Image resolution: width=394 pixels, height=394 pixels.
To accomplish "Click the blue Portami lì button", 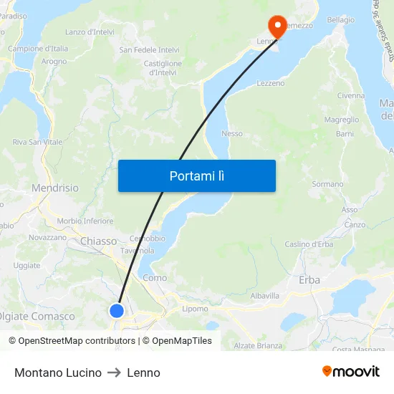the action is tap(196, 176).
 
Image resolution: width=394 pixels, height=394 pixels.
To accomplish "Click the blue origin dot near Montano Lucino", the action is tap(116, 310).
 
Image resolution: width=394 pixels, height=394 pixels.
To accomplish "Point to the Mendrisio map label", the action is tap(55, 188).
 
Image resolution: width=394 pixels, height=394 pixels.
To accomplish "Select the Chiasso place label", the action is tap(98, 241).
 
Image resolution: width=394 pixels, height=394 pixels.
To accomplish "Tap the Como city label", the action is tap(155, 278).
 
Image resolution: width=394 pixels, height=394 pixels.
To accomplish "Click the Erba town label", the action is tap(309, 279).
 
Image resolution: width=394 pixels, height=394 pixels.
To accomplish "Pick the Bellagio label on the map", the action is tap(340, 20).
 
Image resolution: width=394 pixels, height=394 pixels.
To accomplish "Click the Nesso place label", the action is tap(232, 133).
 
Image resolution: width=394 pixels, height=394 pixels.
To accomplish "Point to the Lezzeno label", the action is tap(270, 83).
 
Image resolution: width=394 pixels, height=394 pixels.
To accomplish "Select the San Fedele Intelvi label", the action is tap(149, 50).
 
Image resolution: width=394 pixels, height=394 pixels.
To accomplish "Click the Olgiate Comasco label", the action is tap(37, 316).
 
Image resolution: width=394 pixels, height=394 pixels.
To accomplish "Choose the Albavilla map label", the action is tap(264, 295).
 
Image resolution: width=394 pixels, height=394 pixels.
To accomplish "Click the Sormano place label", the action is tap(327, 184).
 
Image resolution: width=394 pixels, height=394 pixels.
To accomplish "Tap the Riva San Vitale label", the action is tap(37, 143).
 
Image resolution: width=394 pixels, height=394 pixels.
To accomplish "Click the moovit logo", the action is tap(350, 371).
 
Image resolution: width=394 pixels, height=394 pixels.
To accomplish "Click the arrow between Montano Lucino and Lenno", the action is tap(114, 373).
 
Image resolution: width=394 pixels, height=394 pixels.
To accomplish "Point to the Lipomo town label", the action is tap(195, 309).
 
